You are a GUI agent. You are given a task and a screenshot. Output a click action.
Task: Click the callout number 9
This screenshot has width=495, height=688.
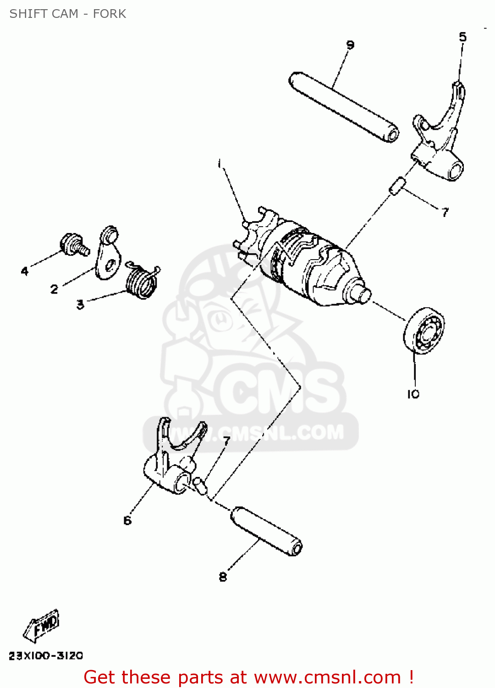[350, 45]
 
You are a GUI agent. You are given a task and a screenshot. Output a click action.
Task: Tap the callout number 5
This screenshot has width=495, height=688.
[462, 37]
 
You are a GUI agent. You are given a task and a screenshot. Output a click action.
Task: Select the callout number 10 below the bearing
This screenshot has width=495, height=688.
[413, 394]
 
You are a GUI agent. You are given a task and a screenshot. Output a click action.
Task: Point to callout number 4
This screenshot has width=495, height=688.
[25, 271]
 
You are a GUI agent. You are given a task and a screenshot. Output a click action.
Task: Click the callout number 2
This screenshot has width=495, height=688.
[54, 289]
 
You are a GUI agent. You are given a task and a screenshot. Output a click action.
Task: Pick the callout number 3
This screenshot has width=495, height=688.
[80, 305]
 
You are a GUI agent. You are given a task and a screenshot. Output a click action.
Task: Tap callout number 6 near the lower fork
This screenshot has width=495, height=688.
[127, 520]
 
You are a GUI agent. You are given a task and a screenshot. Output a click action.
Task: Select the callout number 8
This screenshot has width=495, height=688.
[223, 577]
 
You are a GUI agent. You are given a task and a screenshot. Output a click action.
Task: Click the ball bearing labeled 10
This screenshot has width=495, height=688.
[424, 331]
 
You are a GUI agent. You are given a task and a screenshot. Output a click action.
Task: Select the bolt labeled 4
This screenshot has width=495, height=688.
[73, 244]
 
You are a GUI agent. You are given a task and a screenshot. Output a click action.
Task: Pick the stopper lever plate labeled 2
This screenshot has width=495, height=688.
[108, 255]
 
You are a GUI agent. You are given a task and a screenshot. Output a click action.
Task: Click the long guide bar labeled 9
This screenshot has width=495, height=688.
[344, 106]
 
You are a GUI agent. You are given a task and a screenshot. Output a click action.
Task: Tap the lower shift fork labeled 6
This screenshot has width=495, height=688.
[174, 459]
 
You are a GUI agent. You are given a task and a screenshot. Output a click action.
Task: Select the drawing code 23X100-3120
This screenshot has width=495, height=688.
[46, 656]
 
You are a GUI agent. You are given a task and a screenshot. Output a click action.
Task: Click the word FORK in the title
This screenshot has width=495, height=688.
[109, 14]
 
